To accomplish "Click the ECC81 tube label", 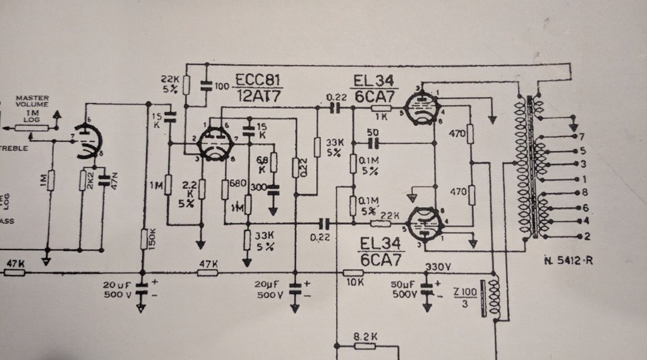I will pos(259,80).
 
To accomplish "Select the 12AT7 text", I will pos(258,96).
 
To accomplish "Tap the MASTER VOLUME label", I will pos(33,102).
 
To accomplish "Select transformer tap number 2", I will pos(587,237).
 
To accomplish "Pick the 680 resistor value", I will pos(238,184).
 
